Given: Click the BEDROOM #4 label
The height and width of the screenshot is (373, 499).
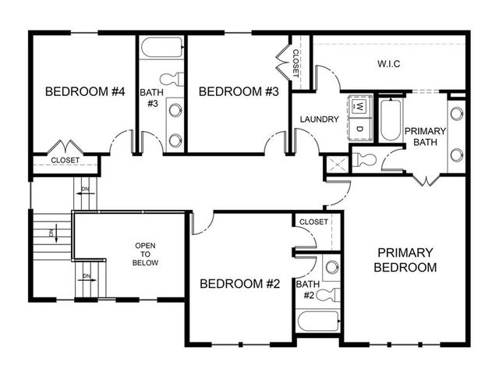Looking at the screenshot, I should (x=86, y=92).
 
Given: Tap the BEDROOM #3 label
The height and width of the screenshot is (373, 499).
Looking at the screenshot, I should (x=239, y=92).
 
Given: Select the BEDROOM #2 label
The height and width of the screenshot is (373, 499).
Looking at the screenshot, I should (x=239, y=284).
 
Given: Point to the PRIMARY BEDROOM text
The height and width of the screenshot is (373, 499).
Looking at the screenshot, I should (x=405, y=259).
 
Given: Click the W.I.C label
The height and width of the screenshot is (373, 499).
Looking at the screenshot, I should (x=388, y=64).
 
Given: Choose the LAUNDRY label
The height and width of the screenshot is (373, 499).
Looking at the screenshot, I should (x=319, y=119).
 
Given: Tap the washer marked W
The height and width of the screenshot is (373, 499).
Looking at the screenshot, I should (x=359, y=105).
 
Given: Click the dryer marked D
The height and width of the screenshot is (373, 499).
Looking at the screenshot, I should (x=359, y=127).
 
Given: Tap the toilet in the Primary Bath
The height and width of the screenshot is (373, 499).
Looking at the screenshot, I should (x=364, y=159).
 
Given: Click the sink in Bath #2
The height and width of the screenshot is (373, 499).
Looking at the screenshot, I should (x=331, y=266).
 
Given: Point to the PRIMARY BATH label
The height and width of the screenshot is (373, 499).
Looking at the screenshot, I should (x=424, y=137).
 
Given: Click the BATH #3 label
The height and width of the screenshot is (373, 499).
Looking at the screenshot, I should (x=151, y=98).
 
